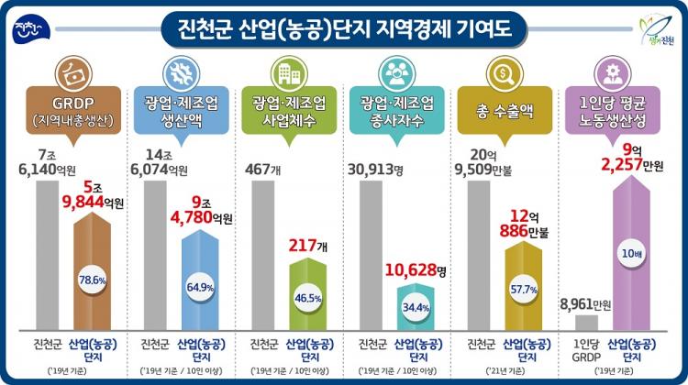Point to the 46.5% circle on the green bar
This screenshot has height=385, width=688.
[307, 299]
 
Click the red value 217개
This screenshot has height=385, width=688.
[307, 247]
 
